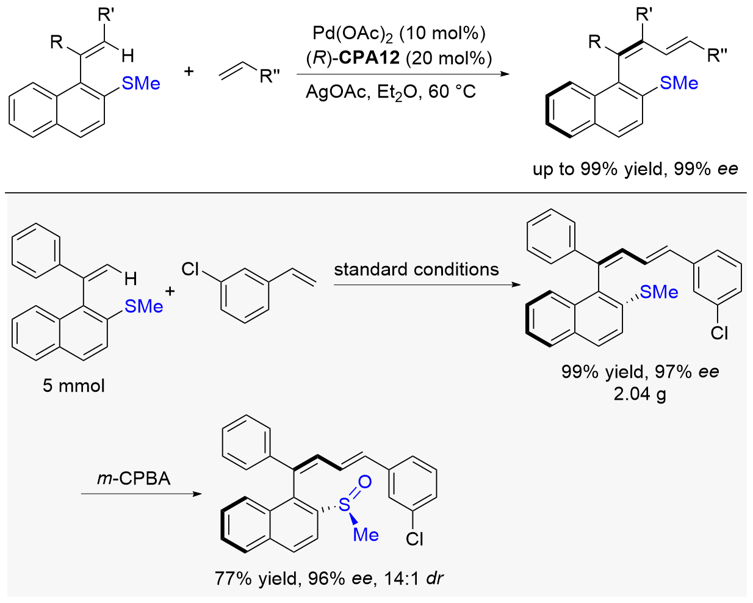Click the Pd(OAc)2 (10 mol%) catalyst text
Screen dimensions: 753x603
(399, 34)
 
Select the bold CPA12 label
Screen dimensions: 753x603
(370, 58)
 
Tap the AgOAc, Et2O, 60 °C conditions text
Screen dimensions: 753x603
(391, 92)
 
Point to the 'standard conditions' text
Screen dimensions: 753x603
(416, 270)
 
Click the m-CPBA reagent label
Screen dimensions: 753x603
(134, 478)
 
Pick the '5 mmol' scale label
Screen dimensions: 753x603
(73, 386)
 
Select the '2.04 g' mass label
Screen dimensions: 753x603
(640, 394)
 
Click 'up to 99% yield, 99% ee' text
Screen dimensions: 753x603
(635, 170)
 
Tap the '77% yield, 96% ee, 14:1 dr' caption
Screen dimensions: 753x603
(329, 579)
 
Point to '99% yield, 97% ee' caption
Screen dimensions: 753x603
(640, 371)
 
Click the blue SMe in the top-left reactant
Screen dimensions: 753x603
(141, 83)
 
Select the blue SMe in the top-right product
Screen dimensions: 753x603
(679, 83)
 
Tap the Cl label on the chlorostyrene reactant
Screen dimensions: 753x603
(190, 269)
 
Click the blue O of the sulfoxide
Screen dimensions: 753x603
(365, 482)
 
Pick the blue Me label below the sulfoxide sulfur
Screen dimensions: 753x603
(366, 535)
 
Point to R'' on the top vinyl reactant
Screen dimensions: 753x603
(270, 76)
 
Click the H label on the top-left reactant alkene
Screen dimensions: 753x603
(128, 56)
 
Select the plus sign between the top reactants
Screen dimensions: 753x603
(189, 71)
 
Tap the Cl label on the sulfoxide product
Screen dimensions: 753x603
(415, 539)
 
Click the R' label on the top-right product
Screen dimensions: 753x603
(644, 15)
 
